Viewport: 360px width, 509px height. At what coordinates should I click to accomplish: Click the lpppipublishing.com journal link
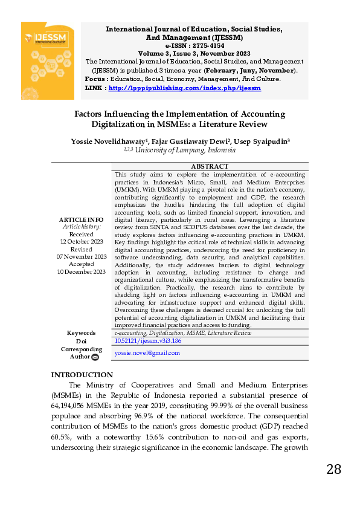(x=185, y=88)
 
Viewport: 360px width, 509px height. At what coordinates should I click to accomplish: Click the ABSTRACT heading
(x=210, y=166)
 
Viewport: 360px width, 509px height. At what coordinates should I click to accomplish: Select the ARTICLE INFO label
(x=81, y=219)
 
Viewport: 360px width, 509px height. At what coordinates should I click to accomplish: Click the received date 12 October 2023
(x=81, y=241)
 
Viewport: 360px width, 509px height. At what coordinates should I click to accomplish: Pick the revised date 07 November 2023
(x=81, y=256)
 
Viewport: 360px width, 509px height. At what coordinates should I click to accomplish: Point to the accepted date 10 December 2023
(x=81, y=271)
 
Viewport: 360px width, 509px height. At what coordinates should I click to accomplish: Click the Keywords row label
(x=81, y=333)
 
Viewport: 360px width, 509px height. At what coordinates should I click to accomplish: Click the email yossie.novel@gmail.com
(x=147, y=352)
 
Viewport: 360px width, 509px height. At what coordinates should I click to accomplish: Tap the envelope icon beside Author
(x=95, y=357)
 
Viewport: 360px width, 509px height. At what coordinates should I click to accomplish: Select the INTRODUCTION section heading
(x=82, y=375)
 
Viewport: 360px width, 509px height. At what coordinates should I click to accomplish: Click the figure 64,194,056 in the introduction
(x=72, y=406)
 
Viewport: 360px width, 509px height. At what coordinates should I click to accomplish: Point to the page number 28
(x=333, y=470)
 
